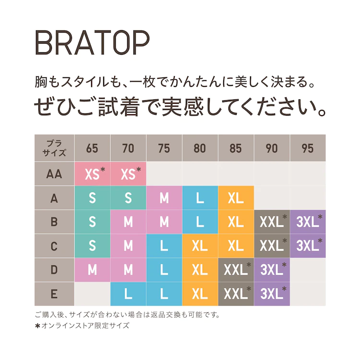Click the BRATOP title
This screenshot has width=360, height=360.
click(92, 44)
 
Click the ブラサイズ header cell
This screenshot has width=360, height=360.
click(54, 148)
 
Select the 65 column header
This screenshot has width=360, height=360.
click(92, 148)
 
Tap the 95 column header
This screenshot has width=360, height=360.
click(308, 148)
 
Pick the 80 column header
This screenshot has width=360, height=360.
click(200, 148)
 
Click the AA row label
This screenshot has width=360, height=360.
click(54, 174)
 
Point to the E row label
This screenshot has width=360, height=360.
click(54, 294)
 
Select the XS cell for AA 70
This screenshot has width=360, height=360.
click(128, 174)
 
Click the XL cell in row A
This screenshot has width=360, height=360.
click(236, 198)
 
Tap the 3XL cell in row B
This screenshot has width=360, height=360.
click(308, 222)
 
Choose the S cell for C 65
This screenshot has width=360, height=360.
click(92, 246)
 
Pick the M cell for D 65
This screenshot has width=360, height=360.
click(92, 270)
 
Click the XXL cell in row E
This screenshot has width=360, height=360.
click(236, 294)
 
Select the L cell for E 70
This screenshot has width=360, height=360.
click(128, 294)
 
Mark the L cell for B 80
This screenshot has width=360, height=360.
click(200, 222)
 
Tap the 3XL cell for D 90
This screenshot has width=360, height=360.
click(272, 270)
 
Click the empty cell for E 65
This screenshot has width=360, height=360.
click(92, 294)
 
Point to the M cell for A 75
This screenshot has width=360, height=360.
click(164, 198)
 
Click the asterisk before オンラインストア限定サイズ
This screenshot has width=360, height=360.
click(38, 325)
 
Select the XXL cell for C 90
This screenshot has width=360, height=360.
click(272, 246)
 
